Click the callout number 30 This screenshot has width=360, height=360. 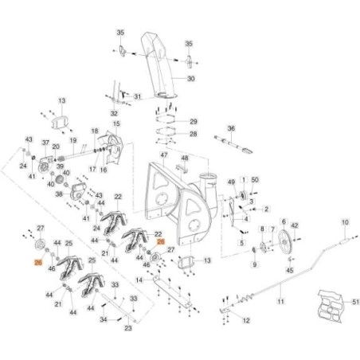(190, 80)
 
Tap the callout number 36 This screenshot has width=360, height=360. (231, 128)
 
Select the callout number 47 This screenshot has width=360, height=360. (163, 154)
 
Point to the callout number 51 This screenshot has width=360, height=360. (335, 301)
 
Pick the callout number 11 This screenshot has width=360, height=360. (280, 303)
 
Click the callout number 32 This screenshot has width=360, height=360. (114, 114)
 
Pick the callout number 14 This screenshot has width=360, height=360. (139, 280)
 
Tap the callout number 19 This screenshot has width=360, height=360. (72, 139)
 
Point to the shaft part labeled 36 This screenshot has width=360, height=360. (233, 144)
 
